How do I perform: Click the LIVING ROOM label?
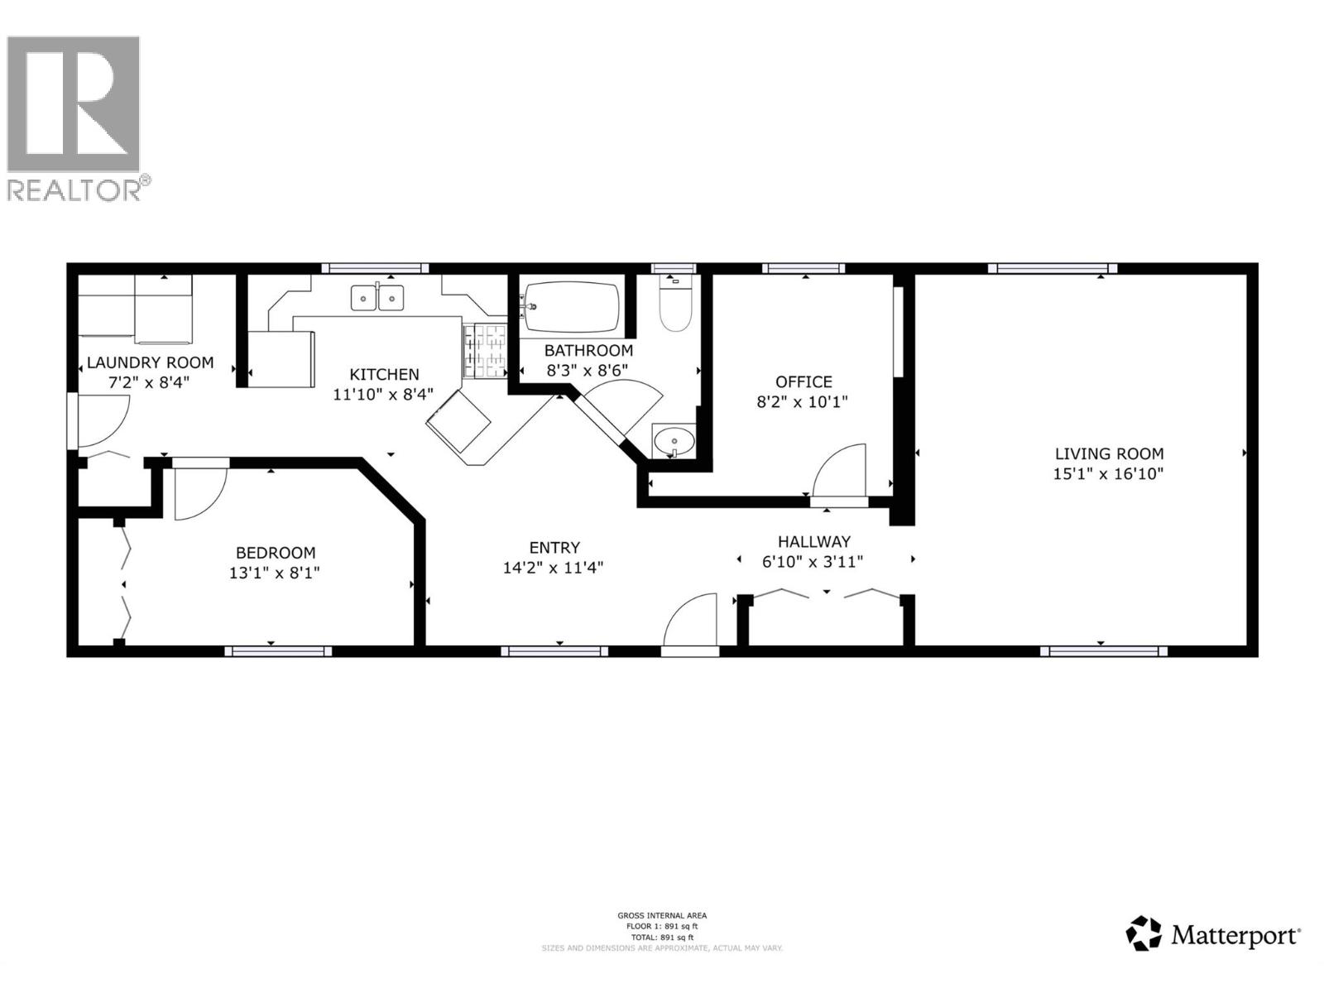pyautogui.click(x=1109, y=453)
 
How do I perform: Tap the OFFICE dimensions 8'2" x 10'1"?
pyautogui.click(x=803, y=402)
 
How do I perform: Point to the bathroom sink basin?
pyautogui.click(x=674, y=441)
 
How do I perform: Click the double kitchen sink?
pyautogui.click(x=377, y=297)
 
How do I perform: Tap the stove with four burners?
pyautogui.click(x=486, y=350)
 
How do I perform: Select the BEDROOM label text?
pyautogui.click(x=276, y=553)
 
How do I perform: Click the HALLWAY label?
pyautogui.click(x=813, y=542)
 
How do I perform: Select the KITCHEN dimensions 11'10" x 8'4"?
pyautogui.click(x=383, y=395)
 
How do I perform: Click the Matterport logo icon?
pyautogui.click(x=1144, y=933)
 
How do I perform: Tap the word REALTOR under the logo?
pyautogui.click(x=74, y=190)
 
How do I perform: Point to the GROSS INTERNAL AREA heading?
pyautogui.click(x=662, y=915)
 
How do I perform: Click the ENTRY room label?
pyautogui.click(x=554, y=547)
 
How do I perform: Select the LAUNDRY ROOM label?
pyautogui.click(x=150, y=362)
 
